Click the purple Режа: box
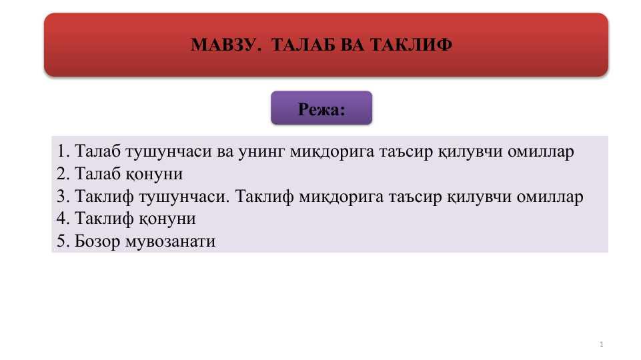[x=322, y=108]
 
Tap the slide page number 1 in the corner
[x=602, y=344]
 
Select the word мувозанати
[x=170, y=241]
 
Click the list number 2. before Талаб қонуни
[x=63, y=173]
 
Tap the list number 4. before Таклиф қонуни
[x=63, y=218]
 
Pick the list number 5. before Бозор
[x=63, y=241]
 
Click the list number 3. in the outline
[x=63, y=197]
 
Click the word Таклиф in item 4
[x=104, y=219]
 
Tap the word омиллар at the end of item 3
[x=550, y=197]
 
